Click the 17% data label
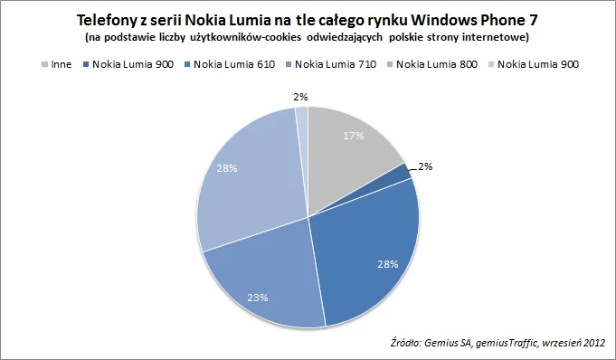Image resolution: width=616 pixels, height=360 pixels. (x=353, y=136)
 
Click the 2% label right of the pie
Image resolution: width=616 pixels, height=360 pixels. (x=425, y=166)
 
